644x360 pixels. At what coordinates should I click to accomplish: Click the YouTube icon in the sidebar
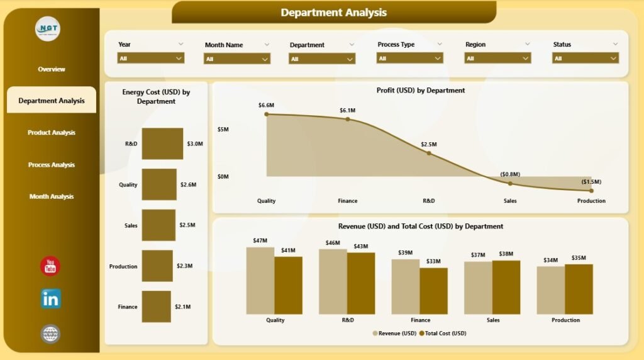click(x=50, y=266)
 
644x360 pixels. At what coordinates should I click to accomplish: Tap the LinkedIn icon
click(x=50, y=298)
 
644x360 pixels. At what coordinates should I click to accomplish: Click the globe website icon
click(x=50, y=334)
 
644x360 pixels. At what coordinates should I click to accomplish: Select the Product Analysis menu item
click(x=52, y=133)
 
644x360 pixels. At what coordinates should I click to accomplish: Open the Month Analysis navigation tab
click(x=52, y=196)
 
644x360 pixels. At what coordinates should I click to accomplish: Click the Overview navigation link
click(x=52, y=69)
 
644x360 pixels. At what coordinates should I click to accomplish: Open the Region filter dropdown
click(x=497, y=58)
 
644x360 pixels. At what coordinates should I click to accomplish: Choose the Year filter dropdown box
click(x=151, y=58)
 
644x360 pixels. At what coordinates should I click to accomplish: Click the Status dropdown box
click(x=586, y=58)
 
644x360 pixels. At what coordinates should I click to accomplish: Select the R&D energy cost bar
click(x=162, y=143)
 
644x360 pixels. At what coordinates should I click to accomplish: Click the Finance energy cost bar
click(x=156, y=307)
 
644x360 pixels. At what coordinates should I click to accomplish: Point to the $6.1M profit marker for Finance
click(x=347, y=119)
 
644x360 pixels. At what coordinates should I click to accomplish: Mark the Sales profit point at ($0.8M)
click(x=510, y=183)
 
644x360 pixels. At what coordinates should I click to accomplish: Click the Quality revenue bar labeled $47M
click(x=260, y=280)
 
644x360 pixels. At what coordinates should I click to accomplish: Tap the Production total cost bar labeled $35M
click(x=579, y=289)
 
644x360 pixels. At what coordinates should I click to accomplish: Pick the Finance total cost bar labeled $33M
click(x=433, y=291)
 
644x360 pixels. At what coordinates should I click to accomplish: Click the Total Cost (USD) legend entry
click(x=443, y=333)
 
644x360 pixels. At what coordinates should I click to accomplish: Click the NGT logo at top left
click(x=48, y=28)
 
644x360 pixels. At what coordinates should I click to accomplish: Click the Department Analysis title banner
click(x=333, y=13)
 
